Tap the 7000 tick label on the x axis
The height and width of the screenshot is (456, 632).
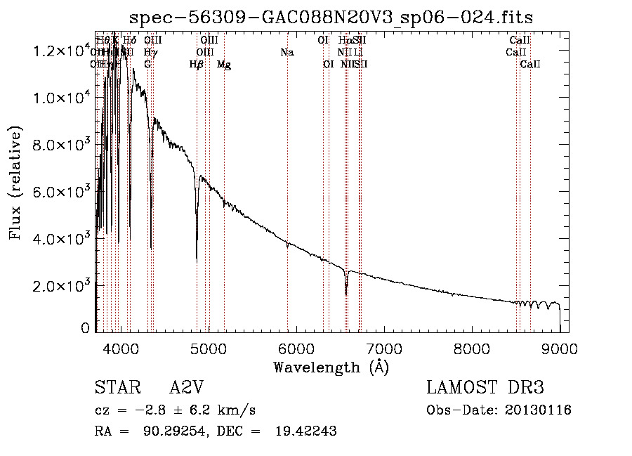pos(384,347)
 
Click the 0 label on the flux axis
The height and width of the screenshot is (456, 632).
pos(85,328)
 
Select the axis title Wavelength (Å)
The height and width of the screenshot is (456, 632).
pos(331,367)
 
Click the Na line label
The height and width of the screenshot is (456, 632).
pos(287,52)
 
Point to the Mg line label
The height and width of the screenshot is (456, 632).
pos(224,65)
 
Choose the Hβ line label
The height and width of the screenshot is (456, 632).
pos(197,65)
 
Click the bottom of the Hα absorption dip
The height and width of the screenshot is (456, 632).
pos(345,294)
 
